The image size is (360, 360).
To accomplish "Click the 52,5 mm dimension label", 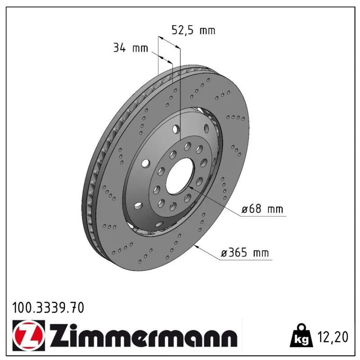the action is (x=193, y=30).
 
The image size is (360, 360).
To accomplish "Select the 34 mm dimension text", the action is (x=130, y=48).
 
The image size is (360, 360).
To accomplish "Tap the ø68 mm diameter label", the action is (x=262, y=209).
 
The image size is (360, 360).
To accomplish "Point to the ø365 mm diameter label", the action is (x=245, y=253).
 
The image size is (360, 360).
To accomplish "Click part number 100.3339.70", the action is (x=48, y=308).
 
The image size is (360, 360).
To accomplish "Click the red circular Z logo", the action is (x=29, y=335).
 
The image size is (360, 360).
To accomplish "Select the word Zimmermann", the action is (x=144, y=335).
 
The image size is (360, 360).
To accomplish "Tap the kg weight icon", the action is (x=301, y=336).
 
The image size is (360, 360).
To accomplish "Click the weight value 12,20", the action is (x=333, y=337).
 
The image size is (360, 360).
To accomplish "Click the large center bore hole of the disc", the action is (x=179, y=176).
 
